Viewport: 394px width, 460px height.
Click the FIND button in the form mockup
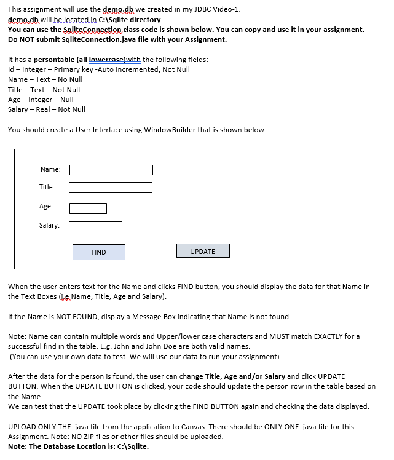98,252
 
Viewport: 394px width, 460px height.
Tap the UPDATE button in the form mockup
203,251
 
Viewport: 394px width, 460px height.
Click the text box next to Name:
111,170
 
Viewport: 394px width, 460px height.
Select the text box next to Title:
111,188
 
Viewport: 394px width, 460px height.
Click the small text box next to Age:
88,208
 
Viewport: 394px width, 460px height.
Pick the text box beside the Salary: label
95,227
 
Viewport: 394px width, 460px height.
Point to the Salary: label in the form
49,226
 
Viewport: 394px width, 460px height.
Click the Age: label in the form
46,207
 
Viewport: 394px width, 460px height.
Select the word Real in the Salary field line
44,109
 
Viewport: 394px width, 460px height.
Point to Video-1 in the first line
226,9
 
